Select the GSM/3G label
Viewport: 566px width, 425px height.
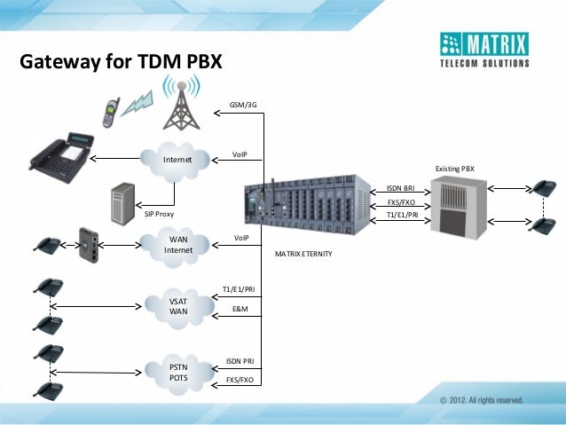point(243,105)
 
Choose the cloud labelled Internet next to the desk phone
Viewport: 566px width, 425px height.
point(177,160)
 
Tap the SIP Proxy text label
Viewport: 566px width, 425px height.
point(159,215)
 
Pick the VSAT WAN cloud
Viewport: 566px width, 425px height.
point(179,306)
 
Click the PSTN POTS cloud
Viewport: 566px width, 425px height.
point(179,373)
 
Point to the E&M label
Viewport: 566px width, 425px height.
point(240,308)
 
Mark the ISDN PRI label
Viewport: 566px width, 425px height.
point(240,361)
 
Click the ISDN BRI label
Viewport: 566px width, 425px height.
point(401,188)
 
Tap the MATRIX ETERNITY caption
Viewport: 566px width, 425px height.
point(303,254)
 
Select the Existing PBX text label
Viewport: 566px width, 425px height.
point(454,168)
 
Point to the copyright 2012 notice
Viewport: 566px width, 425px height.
point(480,400)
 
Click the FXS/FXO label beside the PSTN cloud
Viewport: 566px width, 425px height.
point(240,380)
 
